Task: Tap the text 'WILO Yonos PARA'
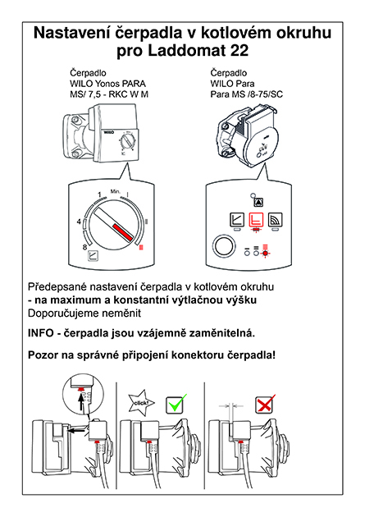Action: tap(107, 84)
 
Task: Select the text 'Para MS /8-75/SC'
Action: tap(246, 94)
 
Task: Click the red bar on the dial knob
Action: tap(123, 232)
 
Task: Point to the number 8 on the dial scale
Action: tap(84, 247)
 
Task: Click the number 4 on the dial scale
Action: tap(79, 222)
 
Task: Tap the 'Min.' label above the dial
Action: tap(116, 191)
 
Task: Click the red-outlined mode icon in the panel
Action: tap(256, 219)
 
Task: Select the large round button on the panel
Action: tap(225, 245)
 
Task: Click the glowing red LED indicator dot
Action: tap(265, 254)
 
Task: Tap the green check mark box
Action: tap(176, 405)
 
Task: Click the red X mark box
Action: tap(264, 405)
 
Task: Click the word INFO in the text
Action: tap(40, 333)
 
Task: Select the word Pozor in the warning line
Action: tap(41, 355)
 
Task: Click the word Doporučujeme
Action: tap(63, 313)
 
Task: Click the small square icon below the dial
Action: tap(94, 257)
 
